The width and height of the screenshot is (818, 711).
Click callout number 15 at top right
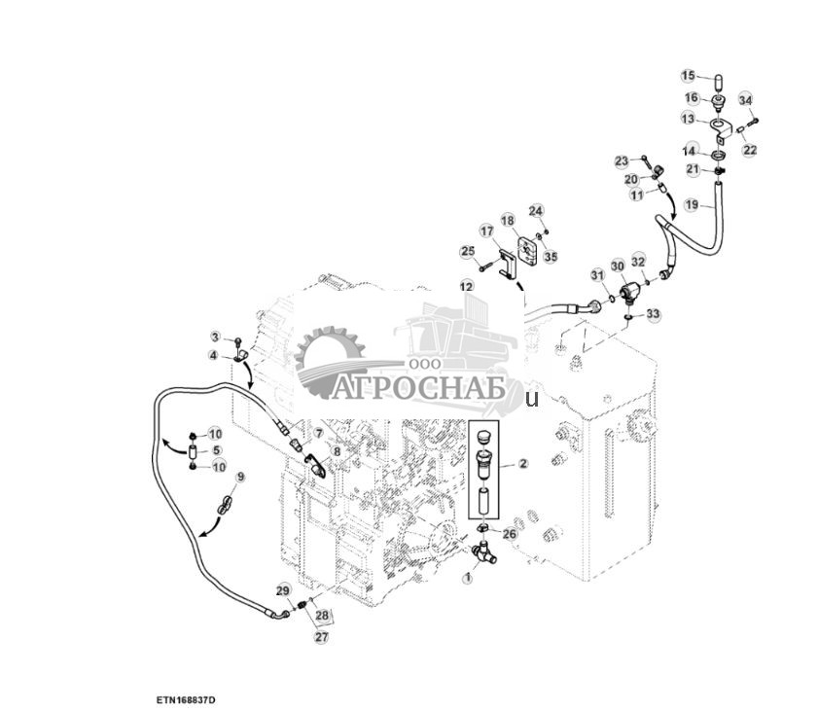688,76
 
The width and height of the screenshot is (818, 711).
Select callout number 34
745,100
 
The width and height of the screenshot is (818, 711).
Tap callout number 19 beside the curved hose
692,204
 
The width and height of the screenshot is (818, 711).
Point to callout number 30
618,267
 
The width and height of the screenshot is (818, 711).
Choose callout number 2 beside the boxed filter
522,465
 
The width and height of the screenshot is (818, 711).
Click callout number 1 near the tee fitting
467,578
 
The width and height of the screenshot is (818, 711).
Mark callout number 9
240,478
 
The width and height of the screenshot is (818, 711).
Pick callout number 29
283,591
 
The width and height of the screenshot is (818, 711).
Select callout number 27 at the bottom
321,637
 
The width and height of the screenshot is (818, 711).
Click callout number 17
487,231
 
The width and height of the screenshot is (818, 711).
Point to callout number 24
536,211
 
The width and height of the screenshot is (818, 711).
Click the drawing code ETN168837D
185,700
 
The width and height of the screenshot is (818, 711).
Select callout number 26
510,533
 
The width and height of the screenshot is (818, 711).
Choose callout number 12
467,286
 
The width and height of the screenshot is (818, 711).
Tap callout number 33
653,314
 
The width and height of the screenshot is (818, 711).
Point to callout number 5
217,450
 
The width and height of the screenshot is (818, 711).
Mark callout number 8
337,451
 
